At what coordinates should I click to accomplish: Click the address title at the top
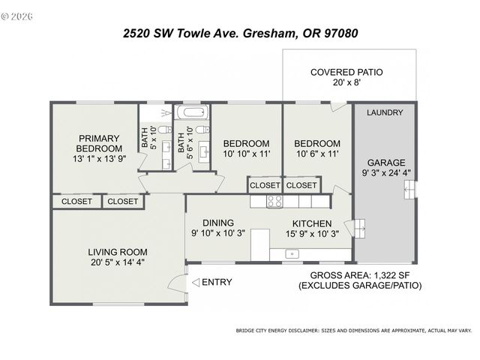coord(240,33)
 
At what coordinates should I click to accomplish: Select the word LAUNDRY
coord(385,112)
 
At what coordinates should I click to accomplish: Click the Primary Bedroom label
coord(98,142)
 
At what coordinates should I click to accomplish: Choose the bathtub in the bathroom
coord(192,114)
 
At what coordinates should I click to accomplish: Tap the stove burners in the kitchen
coord(274,201)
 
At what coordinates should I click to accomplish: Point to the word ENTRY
coord(217,283)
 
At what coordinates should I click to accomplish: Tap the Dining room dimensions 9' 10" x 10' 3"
coord(217,233)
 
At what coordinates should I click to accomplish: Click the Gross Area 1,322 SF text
coord(360,275)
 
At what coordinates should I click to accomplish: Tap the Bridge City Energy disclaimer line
coord(354,330)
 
